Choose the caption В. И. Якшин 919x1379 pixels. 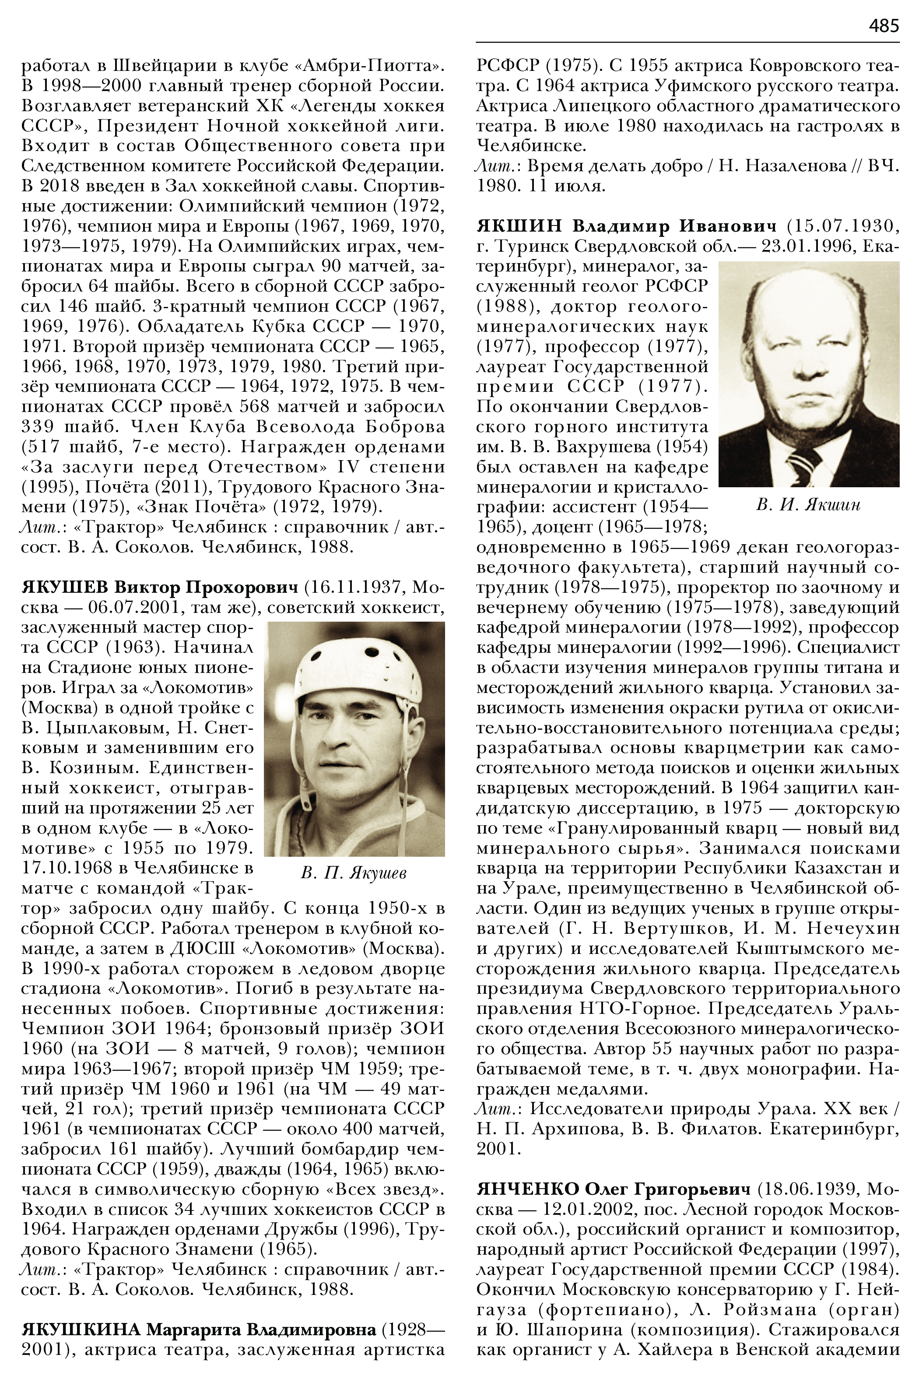pos(808,505)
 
